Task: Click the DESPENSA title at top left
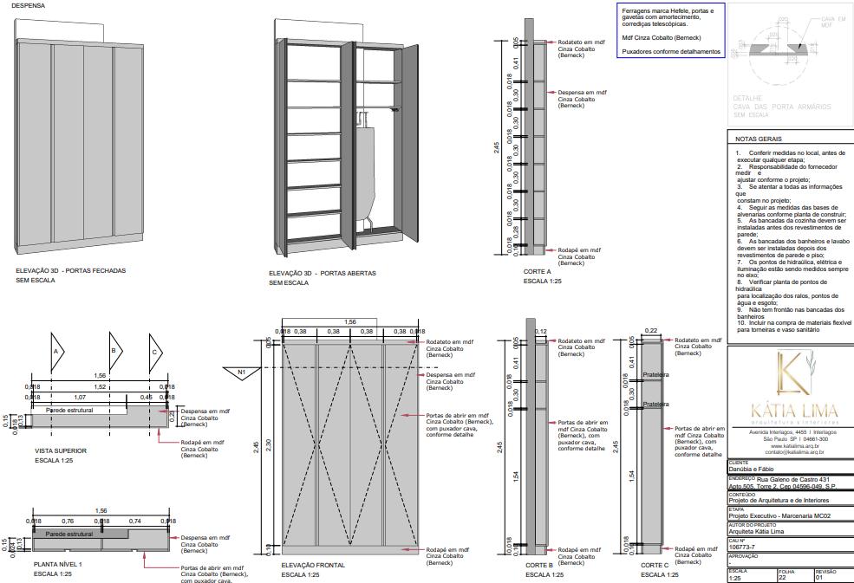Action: pos(28,6)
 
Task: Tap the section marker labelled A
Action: pos(55,351)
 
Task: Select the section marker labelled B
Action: pos(113,351)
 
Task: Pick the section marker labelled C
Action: pos(154,351)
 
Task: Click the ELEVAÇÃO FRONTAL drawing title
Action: pos(313,565)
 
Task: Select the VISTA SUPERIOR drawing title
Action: pos(61,450)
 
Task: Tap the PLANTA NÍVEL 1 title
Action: pos(58,565)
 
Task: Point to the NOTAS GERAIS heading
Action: pos(759,139)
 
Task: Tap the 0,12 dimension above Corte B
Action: pos(542,332)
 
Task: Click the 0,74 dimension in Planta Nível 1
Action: pos(135,521)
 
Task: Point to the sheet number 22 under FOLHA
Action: pos(782,578)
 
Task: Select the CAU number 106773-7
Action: pos(742,547)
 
